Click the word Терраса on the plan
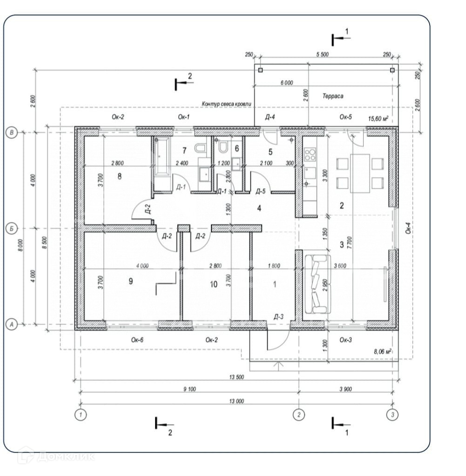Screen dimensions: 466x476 coord(332,96)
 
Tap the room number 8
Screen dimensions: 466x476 coord(120,176)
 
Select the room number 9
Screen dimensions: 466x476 coord(131,281)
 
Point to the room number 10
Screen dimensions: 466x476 coord(214,284)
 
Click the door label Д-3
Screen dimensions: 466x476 coord(278,316)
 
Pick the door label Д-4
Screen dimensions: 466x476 coord(270,117)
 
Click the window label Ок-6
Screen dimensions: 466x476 coord(137,340)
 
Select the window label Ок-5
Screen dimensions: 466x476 coord(345,117)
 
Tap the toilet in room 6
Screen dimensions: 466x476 coord(223,147)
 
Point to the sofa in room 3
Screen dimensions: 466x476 coord(317,284)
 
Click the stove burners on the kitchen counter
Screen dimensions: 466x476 coord(310,154)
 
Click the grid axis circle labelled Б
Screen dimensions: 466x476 coord(11,228)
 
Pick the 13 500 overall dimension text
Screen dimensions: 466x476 coord(237,377)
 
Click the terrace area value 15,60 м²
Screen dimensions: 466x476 coord(378,119)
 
